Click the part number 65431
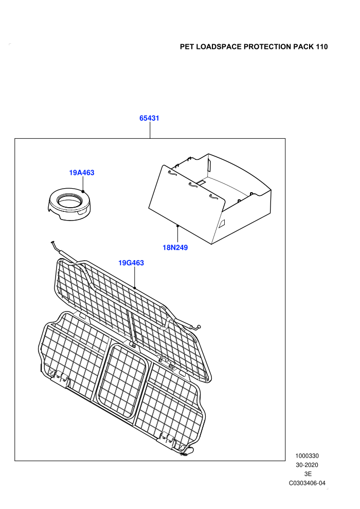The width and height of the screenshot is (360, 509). click(x=149, y=118)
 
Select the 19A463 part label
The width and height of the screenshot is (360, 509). click(x=82, y=173)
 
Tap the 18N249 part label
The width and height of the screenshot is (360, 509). click(x=175, y=248)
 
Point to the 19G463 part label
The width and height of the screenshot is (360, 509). click(x=131, y=263)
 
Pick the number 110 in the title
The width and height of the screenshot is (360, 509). click(x=321, y=47)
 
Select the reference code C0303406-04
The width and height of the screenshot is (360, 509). click(x=307, y=483)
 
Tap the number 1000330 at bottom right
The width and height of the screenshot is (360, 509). click(x=307, y=456)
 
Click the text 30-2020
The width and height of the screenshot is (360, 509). click(x=307, y=465)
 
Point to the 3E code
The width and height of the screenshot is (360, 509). click(x=308, y=474)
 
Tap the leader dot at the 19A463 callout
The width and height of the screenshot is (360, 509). click(x=83, y=192)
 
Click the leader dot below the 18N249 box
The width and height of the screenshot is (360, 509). click(x=177, y=226)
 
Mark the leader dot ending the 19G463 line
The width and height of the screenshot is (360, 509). click(x=134, y=288)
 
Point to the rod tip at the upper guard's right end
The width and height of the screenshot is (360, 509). click(x=199, y=327)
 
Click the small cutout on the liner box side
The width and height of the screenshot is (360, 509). click(x=222, y=223)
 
